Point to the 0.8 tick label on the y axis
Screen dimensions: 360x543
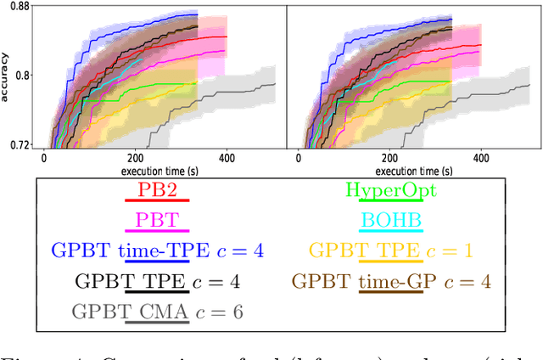point(20,75)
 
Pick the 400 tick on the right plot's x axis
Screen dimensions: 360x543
point(481,158)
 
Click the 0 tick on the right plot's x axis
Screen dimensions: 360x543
point(298,158)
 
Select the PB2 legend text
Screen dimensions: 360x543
point(157,189)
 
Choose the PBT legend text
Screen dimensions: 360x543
point(157,220)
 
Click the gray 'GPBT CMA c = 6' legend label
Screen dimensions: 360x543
point(157,312)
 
